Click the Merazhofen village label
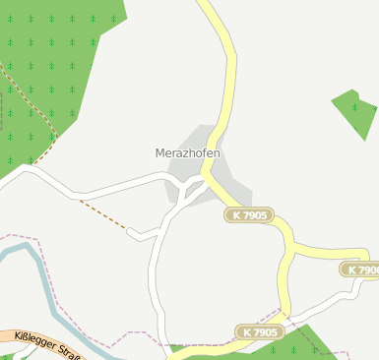click(x=187, y=153)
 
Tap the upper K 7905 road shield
click(x=248, y=214)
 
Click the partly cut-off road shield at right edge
click(x=360, y=269)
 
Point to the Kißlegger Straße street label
click(x=44, y=345)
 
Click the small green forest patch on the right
click(x=355, y=111)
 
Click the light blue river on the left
click(x=39, y=275)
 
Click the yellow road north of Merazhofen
click(x=228, y=69)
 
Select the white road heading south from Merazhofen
click(x=155, y=275)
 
